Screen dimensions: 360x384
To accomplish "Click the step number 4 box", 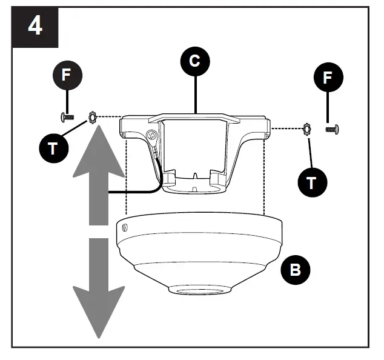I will coord(35,27).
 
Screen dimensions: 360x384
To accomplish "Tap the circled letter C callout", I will coord(196,62).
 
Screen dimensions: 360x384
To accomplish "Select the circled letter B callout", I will coord(296,269).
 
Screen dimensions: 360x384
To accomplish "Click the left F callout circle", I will coord(67,76).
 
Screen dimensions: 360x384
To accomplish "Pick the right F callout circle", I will coord(328,78).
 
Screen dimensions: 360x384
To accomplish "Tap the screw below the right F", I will coord(332,128).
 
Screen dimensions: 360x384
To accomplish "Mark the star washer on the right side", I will coord(306,128).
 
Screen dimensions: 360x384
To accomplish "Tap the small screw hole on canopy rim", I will coord(124,227).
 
